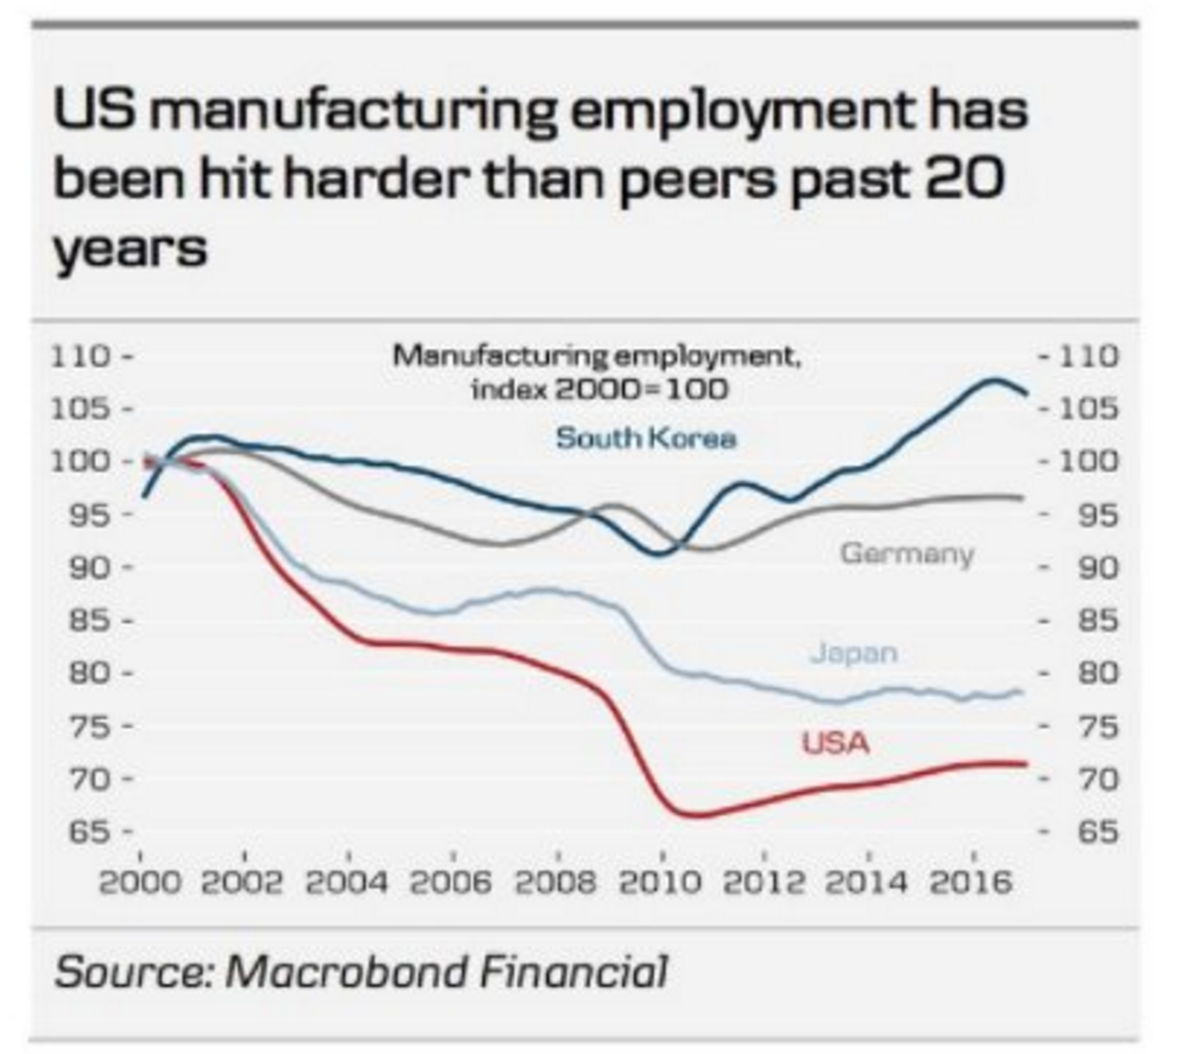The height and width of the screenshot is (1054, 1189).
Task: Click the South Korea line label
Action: click(x=646, y=437)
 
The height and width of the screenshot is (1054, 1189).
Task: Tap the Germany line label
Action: click(x=906, y=553)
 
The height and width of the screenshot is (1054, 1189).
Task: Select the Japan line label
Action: click(x=854, y=653)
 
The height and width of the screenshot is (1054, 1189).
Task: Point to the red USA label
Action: click(x=835, y=743)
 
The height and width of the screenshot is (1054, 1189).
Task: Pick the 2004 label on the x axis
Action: click(x=346, y=883)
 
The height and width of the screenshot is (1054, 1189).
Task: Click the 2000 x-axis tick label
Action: click(x=140, y=883)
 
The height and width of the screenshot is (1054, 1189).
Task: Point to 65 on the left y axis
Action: click(x=89, y=832)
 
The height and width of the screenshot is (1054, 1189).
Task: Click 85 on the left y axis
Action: click(x=89, y=620)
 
